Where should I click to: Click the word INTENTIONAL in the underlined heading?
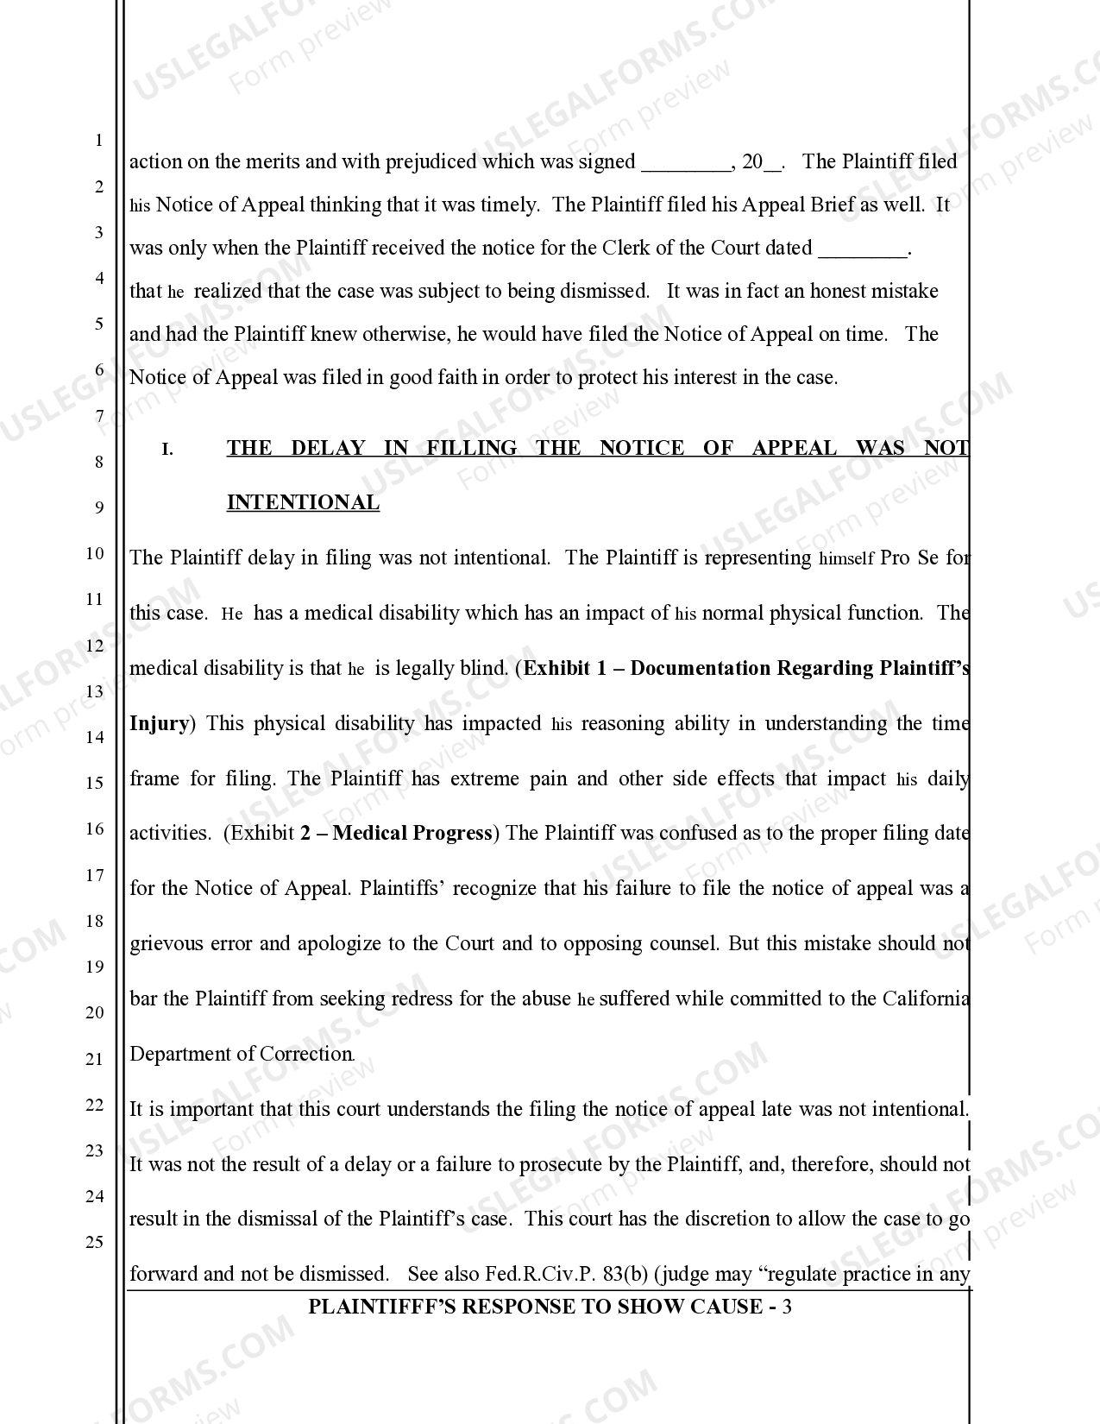[303, 503]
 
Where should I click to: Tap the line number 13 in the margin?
[95, 691]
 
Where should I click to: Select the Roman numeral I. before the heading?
[168, 450]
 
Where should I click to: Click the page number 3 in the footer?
[786, 1307]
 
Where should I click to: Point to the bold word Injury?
[159, 723]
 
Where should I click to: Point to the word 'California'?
[925, 999]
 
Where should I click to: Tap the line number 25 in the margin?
[95, 1242]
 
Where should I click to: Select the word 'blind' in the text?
[484, 668]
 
